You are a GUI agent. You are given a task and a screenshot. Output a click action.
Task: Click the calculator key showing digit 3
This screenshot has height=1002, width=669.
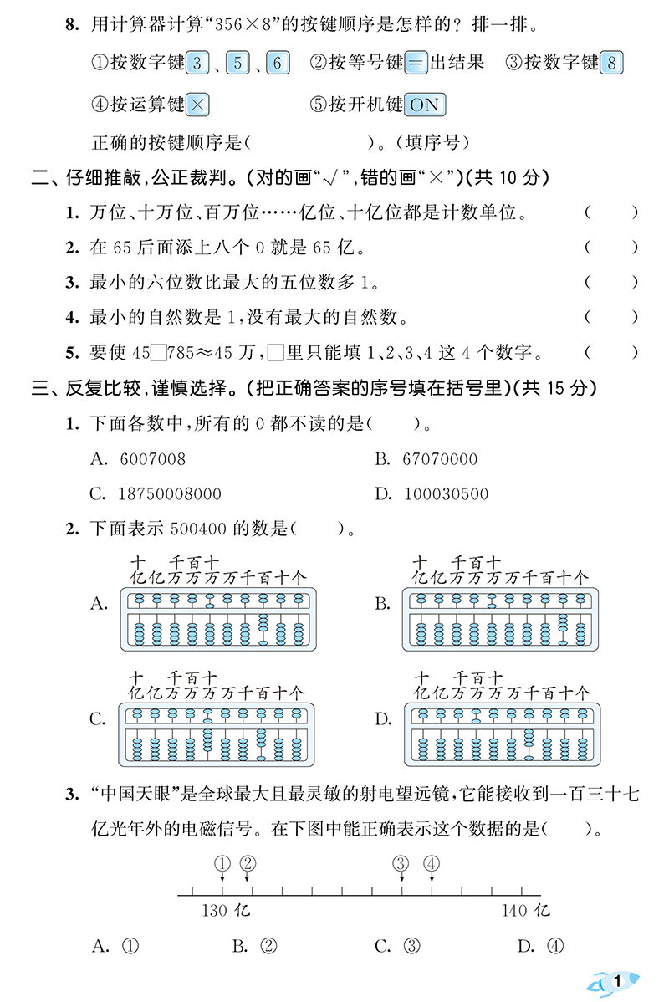coord(197,62)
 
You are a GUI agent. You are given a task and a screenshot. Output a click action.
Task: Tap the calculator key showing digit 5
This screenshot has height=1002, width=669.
coord(237,62)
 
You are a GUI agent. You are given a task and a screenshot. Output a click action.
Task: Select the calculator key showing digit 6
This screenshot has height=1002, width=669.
coord(278,62)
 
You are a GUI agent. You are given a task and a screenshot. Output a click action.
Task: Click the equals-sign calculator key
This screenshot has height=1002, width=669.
coord(416,62)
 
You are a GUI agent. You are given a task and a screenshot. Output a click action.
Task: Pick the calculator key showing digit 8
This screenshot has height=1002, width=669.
coord(612,62)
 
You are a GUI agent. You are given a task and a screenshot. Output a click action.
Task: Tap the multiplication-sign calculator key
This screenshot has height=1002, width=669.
coord(197,104)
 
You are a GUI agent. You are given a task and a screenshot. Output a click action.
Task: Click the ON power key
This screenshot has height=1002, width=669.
coord(424,104)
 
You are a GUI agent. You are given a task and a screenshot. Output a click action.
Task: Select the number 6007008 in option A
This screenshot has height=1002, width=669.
coord(153,459)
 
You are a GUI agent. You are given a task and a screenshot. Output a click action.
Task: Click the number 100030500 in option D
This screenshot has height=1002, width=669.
coord(447,493)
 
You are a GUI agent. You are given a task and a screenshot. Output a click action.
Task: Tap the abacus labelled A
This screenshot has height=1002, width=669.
coord(220,618)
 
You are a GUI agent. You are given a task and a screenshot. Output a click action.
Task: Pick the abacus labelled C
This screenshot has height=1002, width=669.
coord(220,734)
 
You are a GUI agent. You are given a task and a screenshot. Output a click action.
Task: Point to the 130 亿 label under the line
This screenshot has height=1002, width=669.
coord(225,910)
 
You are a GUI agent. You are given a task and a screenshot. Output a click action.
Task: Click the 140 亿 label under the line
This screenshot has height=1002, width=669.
coord(526,910)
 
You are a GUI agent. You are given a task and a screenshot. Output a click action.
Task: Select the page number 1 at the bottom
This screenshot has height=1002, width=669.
coord(618,980)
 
